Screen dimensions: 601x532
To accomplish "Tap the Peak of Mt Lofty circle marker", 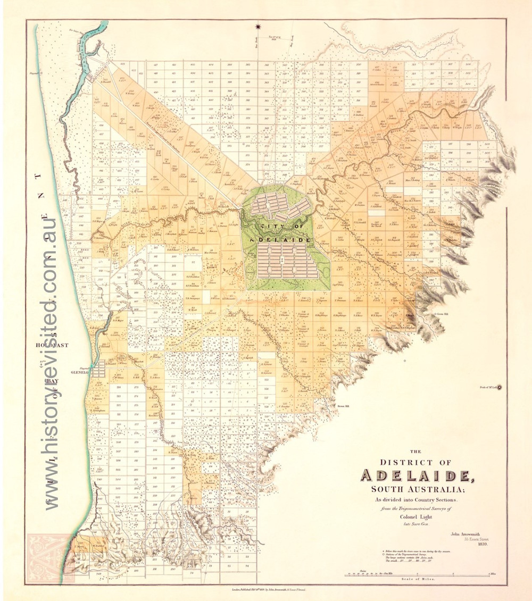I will [499, 387].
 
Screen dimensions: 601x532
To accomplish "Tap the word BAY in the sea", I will [51, 381].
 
